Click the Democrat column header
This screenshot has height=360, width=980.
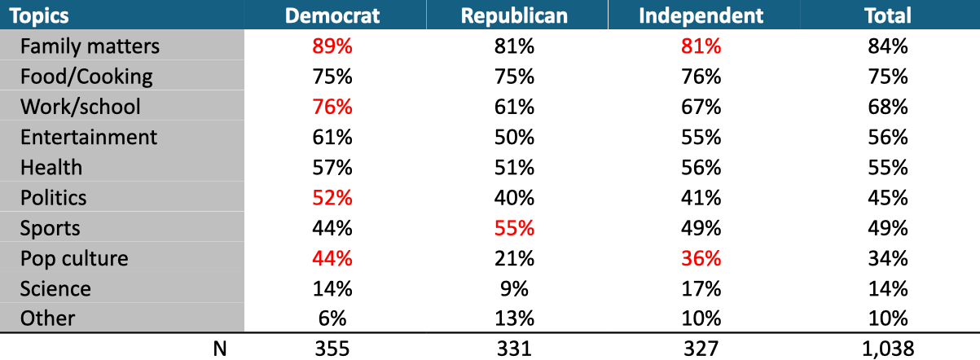click(x=332, y=15)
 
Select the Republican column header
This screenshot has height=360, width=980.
click(x=513, y=15)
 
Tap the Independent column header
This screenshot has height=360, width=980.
click(x=701, y=15)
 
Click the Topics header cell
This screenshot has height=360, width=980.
click(x=39, y=15)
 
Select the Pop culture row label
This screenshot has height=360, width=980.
click(x=74, y=258)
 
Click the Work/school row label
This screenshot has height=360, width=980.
click(x=80, y=107)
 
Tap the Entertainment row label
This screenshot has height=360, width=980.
click(x=88, y=137)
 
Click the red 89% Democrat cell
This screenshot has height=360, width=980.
click(x=332, y=46)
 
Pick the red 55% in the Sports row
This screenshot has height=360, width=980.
click(x=513, y=228)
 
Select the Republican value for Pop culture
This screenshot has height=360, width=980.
click(x=513, y=258)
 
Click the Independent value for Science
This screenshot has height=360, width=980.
click(x=701, y=288)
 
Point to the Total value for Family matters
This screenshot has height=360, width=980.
click(x=888, y=46)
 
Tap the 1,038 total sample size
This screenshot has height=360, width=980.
click(x=888, y=349)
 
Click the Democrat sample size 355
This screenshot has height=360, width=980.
click(x=332, y=349)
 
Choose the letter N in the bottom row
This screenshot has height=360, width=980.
click(x=218, y=349)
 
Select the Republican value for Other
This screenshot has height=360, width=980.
click(x=513, y=318)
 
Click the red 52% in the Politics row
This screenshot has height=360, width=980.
click(x=332, y=198)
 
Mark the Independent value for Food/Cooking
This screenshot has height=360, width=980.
click(x=701, y=77)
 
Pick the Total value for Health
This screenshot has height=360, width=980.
click(x=888, y=167)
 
